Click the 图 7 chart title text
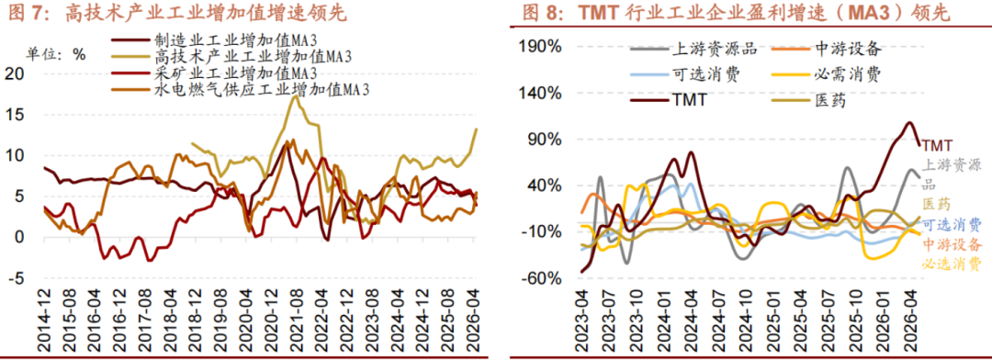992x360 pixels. [x=178, y=14]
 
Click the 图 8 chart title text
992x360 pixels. [x=735, y=14]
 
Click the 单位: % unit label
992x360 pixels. [x=55, y=54]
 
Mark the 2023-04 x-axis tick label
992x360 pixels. [x=582, y=321]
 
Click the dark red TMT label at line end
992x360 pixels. [x=936, y=146]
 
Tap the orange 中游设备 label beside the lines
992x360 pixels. [x=952, y=244]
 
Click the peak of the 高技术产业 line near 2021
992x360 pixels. [x=295, y=96]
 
